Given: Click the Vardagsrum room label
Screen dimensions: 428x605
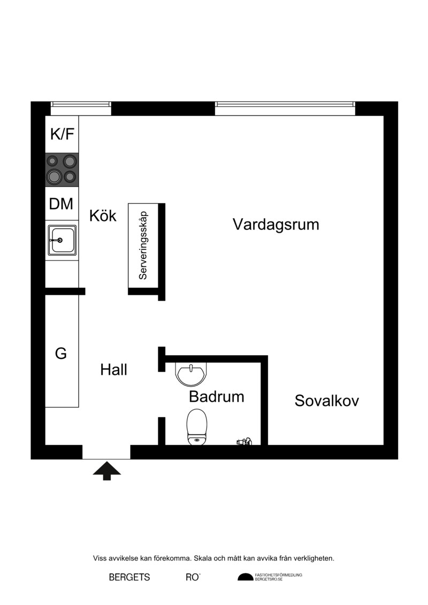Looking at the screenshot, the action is pos(276,225).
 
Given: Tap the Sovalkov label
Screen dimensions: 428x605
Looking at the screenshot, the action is pos(326,401).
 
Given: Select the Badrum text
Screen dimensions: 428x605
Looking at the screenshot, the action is pos(217,396).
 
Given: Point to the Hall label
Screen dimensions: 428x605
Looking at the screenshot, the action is pos(113,370).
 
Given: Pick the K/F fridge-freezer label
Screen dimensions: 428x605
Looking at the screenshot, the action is pos(62,134).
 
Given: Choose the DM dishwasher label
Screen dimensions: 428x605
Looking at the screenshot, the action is pos(62,203).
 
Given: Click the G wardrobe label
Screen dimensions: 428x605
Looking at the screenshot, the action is pos(61,353).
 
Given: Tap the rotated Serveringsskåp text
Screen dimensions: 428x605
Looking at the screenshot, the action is pos(143,246).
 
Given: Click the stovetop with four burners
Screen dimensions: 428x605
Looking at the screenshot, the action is pos(62,170).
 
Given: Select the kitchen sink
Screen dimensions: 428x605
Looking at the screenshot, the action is pos(62,240).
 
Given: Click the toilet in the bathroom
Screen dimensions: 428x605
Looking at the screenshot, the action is pos(197,427).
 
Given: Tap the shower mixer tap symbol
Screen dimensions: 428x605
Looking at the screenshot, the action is pos(244,441).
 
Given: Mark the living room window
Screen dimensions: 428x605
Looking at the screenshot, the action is pos(285,104).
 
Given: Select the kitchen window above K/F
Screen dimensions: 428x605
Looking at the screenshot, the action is pos(81,104).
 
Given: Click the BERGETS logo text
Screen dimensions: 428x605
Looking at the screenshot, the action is pos(129,577).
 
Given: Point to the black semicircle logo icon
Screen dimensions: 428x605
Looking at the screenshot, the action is pos(245,577).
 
